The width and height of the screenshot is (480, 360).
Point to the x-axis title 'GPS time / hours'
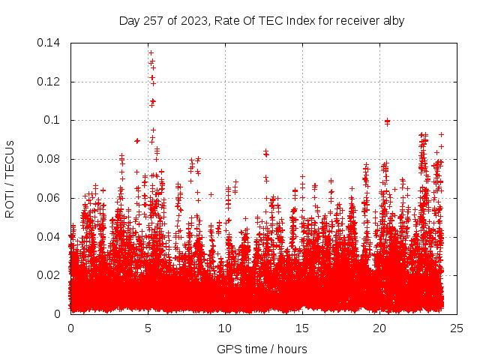pos(262,349)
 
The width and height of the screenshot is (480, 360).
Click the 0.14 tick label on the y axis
pos(49,43)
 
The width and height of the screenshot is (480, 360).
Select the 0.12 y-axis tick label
pos(49,82)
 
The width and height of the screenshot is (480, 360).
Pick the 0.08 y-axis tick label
pos(49,159)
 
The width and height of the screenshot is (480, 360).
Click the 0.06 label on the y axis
pos(49,198)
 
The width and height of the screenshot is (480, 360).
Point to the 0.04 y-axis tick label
pos(49,236)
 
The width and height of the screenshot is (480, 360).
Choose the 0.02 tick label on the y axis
pos(49,275)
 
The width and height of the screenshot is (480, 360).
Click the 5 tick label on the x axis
pos(148,328)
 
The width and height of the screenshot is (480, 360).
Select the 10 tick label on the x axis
pos(225,328)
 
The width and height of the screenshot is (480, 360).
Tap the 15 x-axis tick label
pos(302,328)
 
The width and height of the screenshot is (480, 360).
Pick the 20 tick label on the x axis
pos(379,328)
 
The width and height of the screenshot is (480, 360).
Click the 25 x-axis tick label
pos(457,328)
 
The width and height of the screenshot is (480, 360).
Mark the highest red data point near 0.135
pos(151,53)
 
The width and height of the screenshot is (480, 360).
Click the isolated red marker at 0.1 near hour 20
pos(387,121)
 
